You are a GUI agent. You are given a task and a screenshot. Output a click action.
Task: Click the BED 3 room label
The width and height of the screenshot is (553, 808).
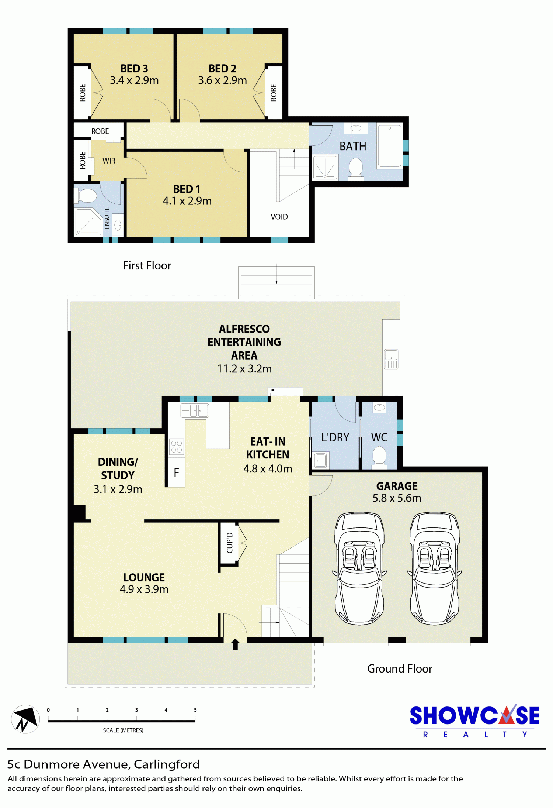click(x=134, y=69)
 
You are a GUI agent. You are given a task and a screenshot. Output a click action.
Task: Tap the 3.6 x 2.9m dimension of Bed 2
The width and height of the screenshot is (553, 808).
click(x=222, y=80)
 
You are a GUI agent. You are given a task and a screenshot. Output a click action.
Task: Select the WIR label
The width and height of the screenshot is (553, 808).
click(x=109, y=161)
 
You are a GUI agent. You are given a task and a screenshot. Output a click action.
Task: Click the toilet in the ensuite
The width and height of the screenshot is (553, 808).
click(x=86, y=196)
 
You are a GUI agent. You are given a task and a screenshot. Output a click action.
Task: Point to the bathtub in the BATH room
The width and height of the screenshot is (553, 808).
click(x=389, y=146)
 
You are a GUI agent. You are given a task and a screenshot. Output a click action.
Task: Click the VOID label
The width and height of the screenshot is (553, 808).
click(x=279, y=217)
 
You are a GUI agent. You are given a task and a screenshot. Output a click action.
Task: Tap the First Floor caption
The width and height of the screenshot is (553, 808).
click(x=147, y=265)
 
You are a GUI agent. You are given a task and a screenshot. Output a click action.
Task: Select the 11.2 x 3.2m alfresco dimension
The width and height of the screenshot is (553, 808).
click(x=244, y=369)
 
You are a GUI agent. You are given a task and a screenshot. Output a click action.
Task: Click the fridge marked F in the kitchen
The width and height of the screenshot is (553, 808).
click(x=176, y=472)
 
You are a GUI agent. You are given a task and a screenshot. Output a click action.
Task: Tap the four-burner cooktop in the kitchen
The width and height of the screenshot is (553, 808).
click(x=177, y=447)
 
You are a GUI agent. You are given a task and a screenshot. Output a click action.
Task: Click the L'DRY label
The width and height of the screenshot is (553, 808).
click(x=335, y=437)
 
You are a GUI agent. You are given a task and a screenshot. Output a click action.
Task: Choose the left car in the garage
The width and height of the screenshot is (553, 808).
click(x=359, y=568)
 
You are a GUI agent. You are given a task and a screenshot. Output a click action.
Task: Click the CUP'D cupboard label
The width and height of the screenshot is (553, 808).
click(x=230, y=543)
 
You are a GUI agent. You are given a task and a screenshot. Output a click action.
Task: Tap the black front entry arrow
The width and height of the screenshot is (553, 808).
click(x=235, y=644)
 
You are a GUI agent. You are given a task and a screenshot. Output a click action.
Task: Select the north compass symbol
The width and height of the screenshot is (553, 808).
click(x=25, y=719)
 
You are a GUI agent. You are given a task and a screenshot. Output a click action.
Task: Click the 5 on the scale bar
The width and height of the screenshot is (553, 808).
click(x=195, y=710)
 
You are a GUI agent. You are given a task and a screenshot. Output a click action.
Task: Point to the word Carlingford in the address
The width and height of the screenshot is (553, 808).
click(x=167, y=764)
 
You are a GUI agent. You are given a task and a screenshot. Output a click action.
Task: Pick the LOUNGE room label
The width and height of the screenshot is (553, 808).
click(x=144, y=577)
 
